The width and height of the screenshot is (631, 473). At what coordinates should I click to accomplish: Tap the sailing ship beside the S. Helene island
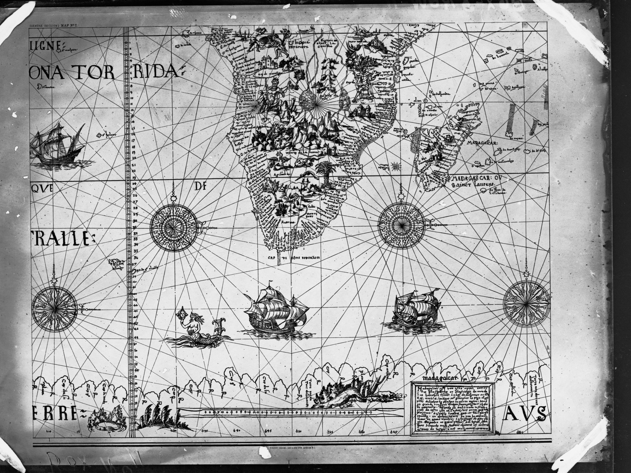tap(57, 147)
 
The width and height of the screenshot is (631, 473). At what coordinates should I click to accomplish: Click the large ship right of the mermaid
tap(274, 311)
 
